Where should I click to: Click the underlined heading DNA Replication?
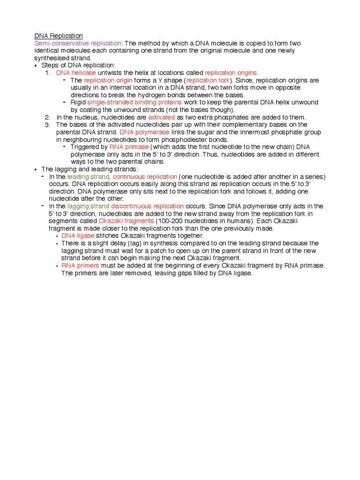[59, 36]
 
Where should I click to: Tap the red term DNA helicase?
[76, 73]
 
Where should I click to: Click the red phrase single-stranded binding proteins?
[141, 102]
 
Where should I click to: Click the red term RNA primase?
[129, 147]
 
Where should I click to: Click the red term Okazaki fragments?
[127, 221]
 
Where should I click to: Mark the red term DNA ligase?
[78, 236]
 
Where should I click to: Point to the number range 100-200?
[171, 221]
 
